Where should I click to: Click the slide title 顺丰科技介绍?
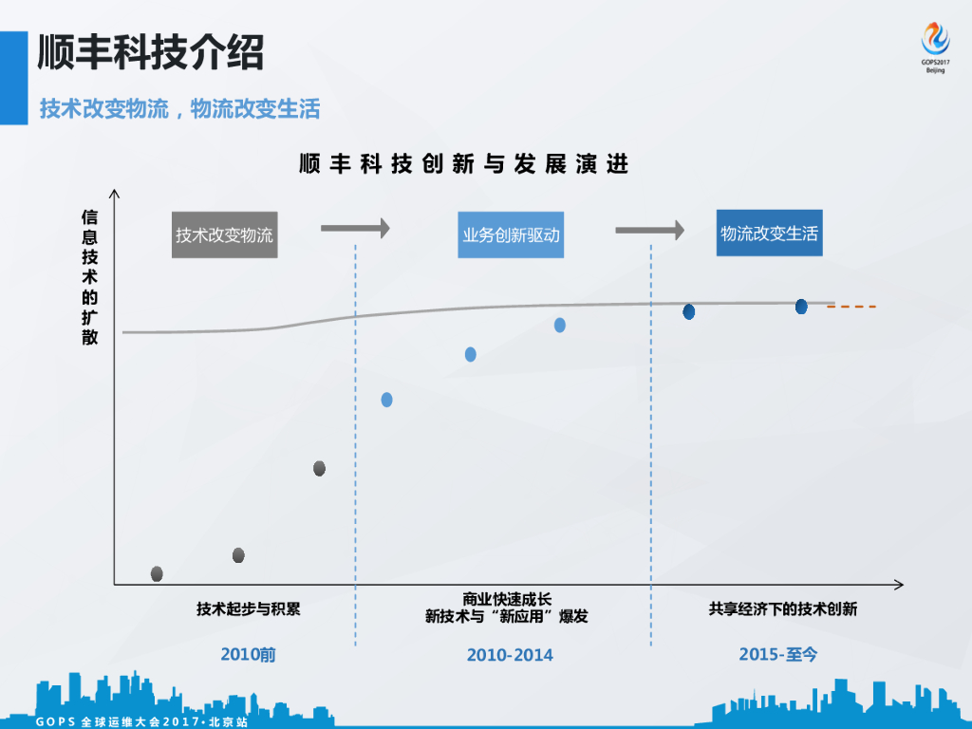point(151,53)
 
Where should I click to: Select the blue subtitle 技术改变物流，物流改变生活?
point(179,109)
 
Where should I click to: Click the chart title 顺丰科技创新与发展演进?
point(464,164)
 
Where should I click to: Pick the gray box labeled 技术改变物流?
point(225,235)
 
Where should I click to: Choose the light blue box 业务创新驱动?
point(512,235)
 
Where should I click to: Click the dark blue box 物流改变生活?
point(769,234)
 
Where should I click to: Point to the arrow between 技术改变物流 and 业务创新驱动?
point(355,228)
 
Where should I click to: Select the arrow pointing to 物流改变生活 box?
point(649,230)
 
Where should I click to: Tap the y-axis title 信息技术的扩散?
point(90,276)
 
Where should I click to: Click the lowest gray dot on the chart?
point(157,573)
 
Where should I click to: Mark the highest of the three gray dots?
point(319,468)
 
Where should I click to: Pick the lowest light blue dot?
point(386,400)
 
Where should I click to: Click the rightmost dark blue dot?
point(801,307)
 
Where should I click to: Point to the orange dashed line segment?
point(852,307)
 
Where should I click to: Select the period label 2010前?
point(248,655)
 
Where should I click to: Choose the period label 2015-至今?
point(777,655)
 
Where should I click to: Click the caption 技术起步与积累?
point(249,608)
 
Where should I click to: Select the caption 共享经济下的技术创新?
point(783,608)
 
